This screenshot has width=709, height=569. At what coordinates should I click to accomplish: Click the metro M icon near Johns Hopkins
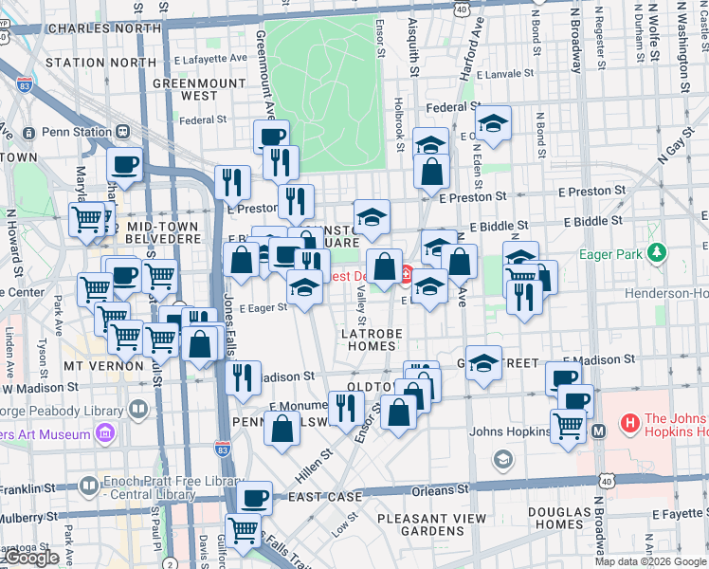(599, 431)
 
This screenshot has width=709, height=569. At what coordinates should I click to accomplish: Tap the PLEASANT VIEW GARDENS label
(431, 525)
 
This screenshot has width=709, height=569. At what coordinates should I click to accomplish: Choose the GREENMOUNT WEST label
(199, 88)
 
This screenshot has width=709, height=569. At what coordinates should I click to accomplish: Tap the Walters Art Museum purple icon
(104, 434)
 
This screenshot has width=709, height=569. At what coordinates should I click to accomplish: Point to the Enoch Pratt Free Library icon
(87, 484)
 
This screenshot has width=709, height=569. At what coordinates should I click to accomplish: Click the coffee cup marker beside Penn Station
(125, 164)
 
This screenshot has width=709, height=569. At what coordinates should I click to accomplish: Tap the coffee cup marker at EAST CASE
(254, 497)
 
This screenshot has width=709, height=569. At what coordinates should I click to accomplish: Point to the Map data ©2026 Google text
(649, 561)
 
